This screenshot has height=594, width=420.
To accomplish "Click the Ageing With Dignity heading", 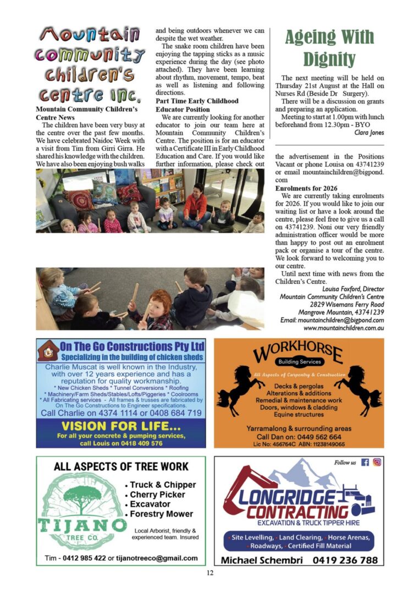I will point(329,47).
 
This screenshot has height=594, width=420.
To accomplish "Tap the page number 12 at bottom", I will point(209,573).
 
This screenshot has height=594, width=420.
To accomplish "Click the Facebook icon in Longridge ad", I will point(365,463).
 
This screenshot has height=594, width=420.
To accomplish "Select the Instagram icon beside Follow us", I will point(377,463).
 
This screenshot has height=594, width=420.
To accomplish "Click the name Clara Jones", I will point(369,133).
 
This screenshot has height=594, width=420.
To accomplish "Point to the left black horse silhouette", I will point(234,395).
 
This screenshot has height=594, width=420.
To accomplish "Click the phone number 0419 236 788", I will point(345,560).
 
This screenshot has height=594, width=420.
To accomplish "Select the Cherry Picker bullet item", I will point(157,494).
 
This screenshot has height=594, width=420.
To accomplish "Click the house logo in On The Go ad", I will point(48,350).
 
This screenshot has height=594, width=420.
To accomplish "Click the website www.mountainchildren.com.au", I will point(343,328).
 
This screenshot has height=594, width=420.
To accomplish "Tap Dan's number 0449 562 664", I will point(318,436).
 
